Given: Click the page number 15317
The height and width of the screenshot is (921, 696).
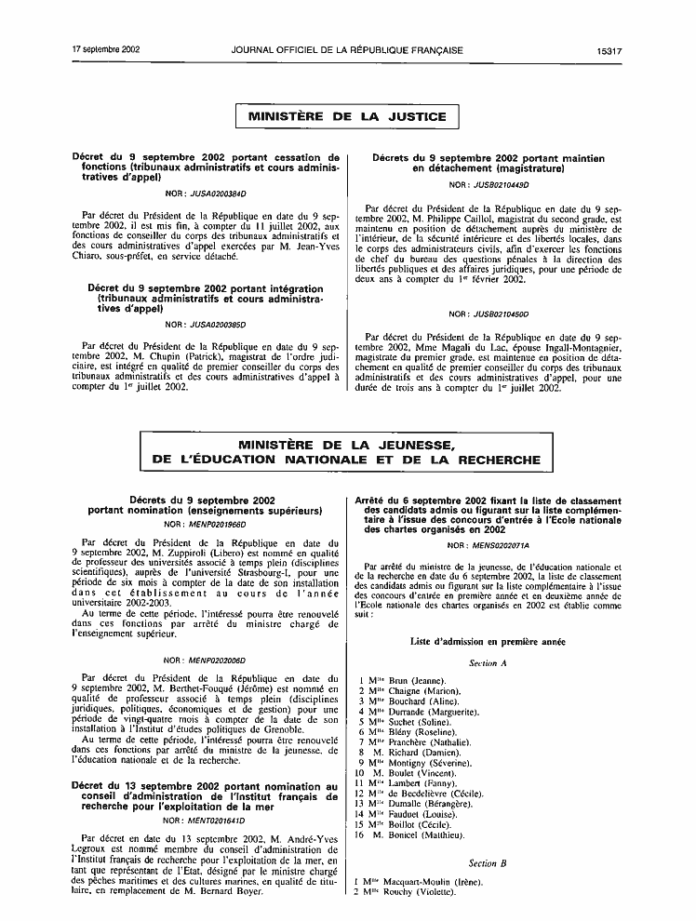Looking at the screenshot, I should pos(609,48).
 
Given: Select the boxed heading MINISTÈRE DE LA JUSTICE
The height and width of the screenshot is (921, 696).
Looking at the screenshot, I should pos(347,117).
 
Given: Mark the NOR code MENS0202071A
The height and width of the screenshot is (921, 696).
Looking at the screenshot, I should pos(489,545).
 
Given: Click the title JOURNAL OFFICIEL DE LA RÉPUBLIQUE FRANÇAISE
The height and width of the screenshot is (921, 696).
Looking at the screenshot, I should pos(347,48).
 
